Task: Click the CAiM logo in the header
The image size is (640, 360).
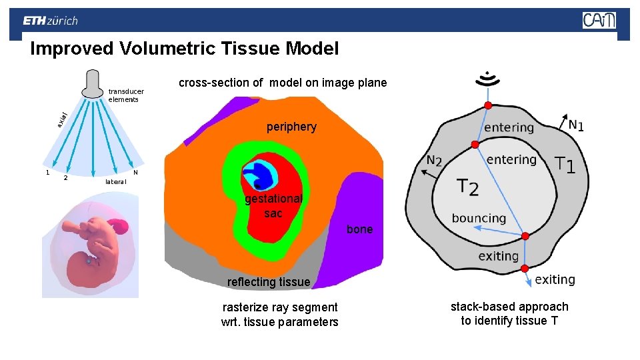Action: (599, 21)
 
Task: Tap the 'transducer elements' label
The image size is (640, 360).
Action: (126, 95)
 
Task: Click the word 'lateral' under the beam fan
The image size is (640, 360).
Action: (116, 181)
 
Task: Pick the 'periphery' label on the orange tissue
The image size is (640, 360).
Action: (291, 127)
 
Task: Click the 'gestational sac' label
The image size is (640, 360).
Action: (273, 206)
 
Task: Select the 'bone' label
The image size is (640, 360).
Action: (360, 229)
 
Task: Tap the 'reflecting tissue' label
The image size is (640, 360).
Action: (269, 282)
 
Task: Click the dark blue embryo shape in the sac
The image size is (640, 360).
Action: (256, 175)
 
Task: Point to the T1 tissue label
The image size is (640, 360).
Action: (565, 164)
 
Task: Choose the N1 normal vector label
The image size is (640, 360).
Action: (576, 125)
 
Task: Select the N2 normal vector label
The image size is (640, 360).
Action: (434, 161)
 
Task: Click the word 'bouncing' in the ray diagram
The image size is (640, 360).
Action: (479, 218)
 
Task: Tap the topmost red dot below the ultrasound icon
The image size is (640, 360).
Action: (488, 105)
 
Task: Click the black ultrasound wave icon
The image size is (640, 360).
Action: (488, 79)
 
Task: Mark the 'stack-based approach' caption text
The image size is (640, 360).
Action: (509, 313)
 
